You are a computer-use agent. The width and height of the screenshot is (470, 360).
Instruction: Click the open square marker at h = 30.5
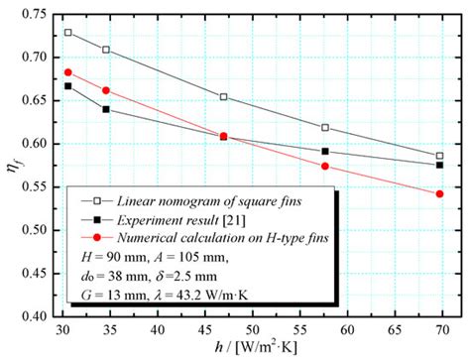[x=68, y=33]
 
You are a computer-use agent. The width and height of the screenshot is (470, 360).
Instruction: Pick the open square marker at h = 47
[x=224, y=97]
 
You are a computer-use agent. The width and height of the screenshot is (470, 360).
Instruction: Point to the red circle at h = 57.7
[x=325, y=166]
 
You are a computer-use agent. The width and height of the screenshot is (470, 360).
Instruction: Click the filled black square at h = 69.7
[x=439, y=165]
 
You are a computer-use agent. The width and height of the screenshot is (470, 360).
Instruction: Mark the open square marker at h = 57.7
[x=325, y=128]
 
